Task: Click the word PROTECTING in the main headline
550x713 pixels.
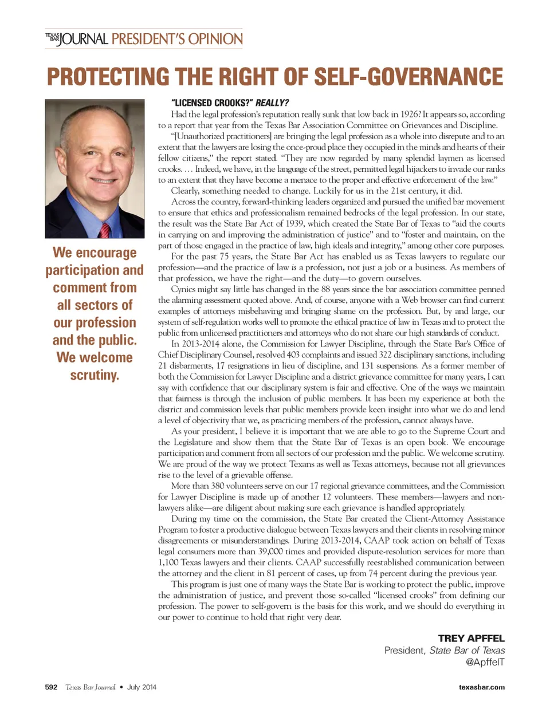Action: tap(108, 77)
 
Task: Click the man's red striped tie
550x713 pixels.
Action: tap(105, 230)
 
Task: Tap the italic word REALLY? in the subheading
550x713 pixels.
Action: tap(272, 103)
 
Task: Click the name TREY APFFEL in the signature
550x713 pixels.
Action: tap(471, 638)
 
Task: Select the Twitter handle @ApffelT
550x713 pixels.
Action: tap(485, 662)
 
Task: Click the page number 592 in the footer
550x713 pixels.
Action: tap(51, 687)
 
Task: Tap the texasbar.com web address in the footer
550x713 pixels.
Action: tap(482, 687)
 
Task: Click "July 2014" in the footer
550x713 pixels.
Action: tap(142, 687)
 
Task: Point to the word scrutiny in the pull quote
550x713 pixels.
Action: tap(95, 375)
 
